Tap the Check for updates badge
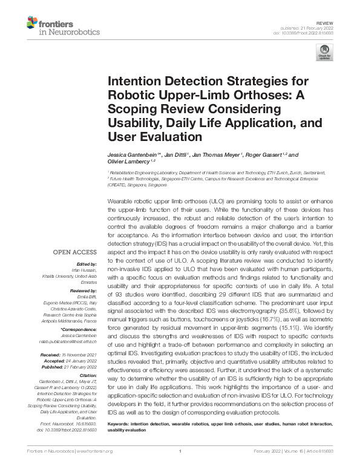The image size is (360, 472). (325, 53)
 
